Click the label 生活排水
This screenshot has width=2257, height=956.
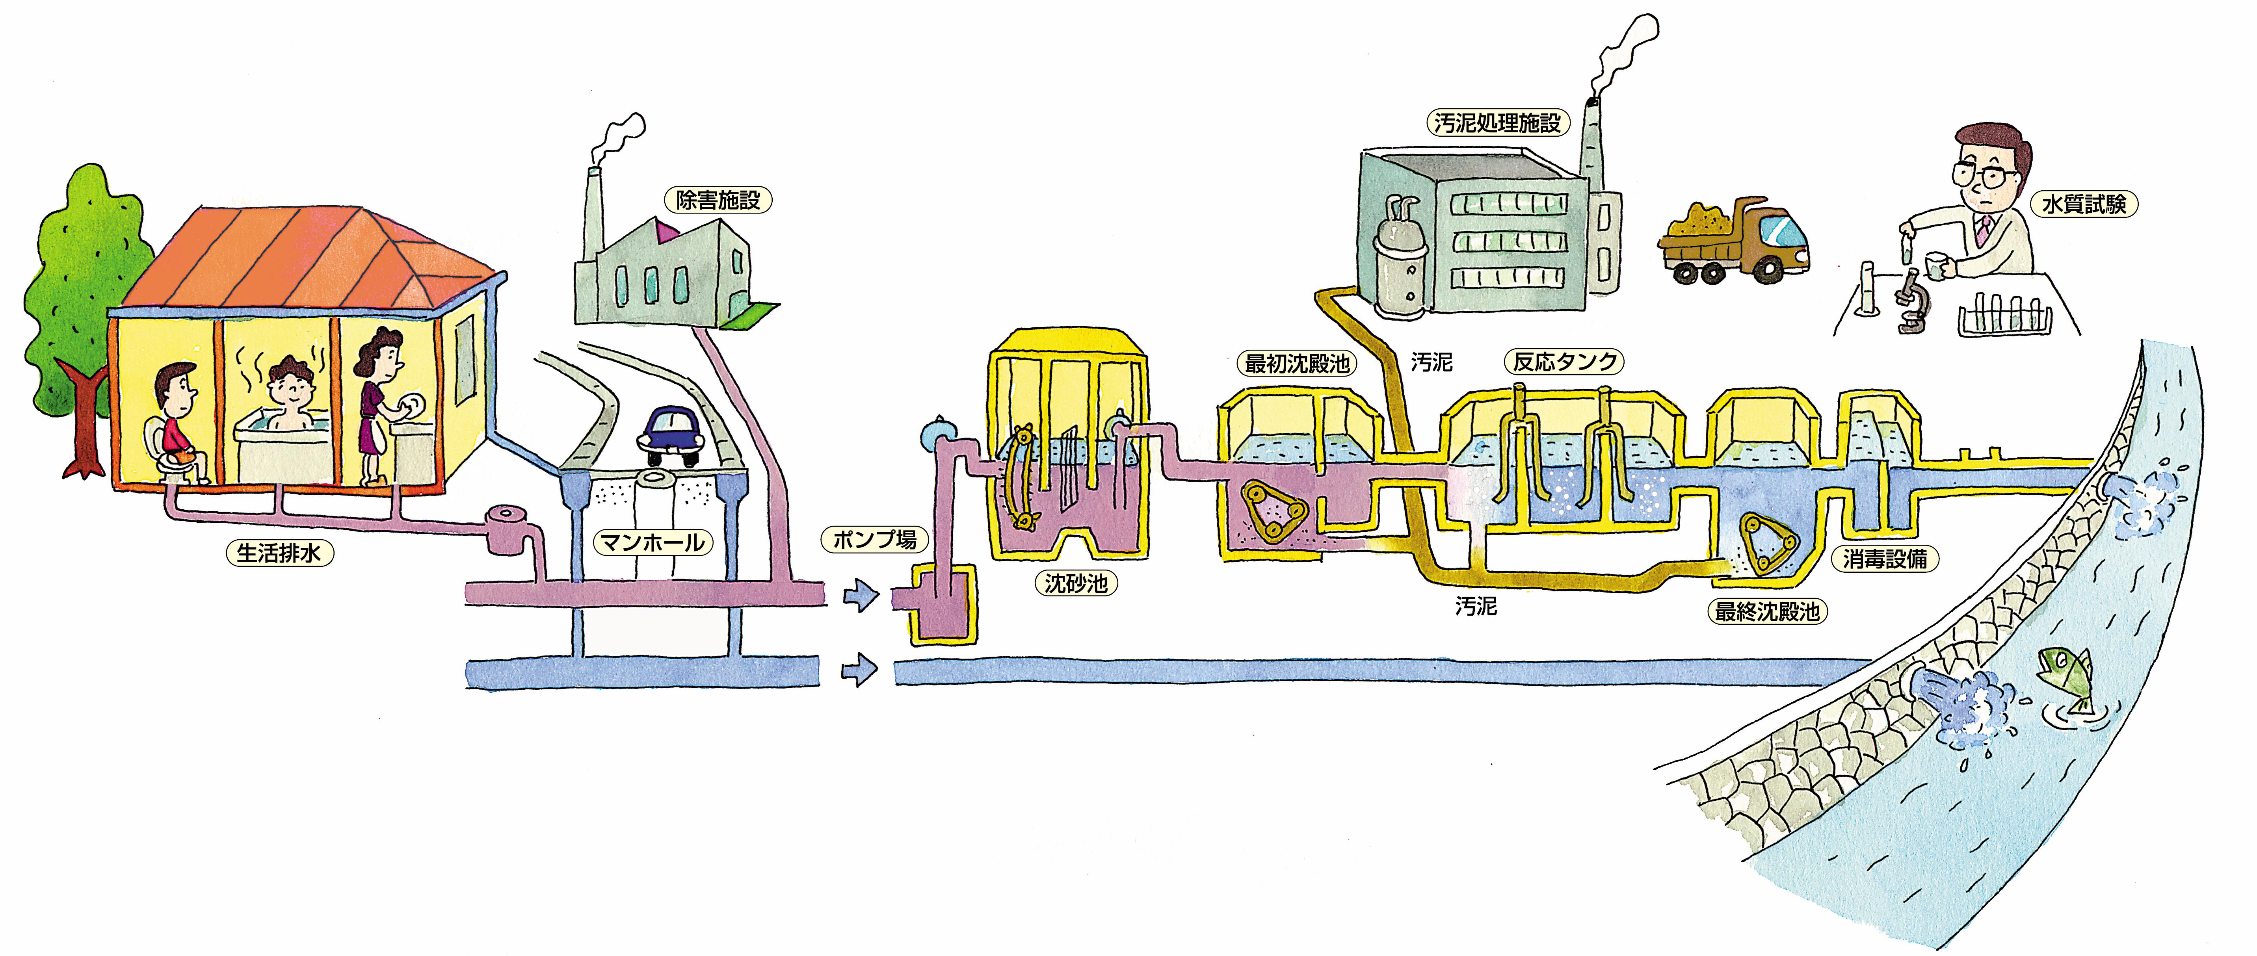coord(279,553)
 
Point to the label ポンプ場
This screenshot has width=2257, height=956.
coord(874,539)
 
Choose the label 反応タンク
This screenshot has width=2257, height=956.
coord(1564,361)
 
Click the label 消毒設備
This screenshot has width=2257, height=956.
coord(1884,558)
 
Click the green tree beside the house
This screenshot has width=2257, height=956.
coord(83,289)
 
